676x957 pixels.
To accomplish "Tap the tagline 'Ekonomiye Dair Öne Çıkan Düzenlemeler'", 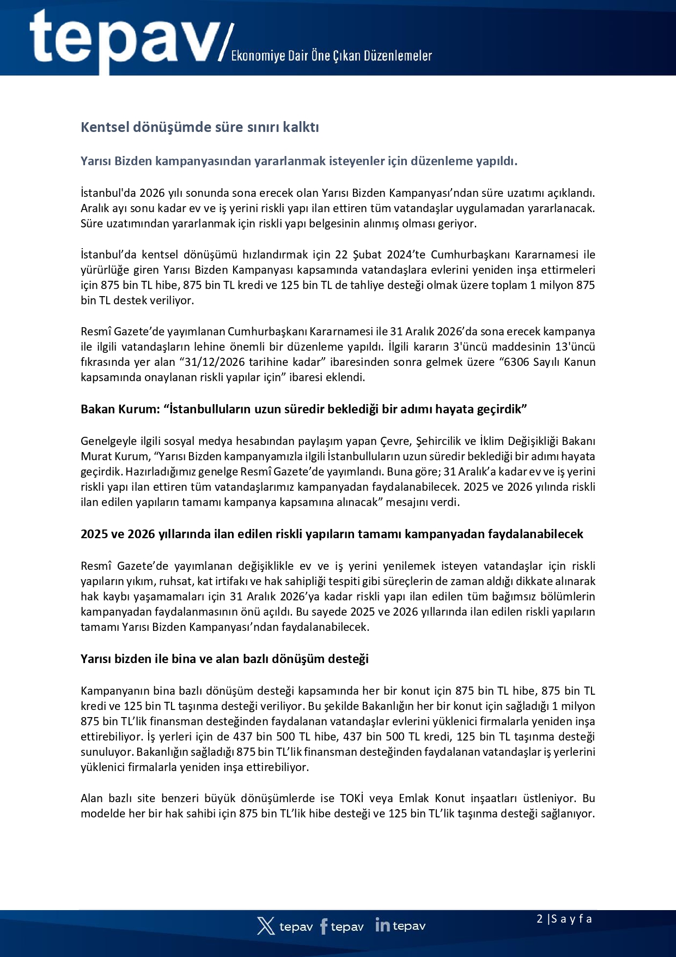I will click(331, 56).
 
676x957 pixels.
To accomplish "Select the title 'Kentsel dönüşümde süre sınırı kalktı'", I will click(200, 127).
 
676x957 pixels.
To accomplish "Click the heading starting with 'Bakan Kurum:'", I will click(303, 409).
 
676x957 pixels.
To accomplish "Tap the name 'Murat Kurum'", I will click(114, 456).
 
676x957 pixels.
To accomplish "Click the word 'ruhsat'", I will click(171, 581).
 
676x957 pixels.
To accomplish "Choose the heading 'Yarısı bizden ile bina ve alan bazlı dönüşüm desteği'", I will click(224, 659).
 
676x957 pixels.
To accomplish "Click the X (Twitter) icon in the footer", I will click(266, 926).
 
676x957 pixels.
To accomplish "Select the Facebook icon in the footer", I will click(324, 926).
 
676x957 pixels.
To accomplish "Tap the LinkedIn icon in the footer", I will click(382, 925).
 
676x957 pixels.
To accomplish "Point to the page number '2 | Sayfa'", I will click(564, 919).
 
